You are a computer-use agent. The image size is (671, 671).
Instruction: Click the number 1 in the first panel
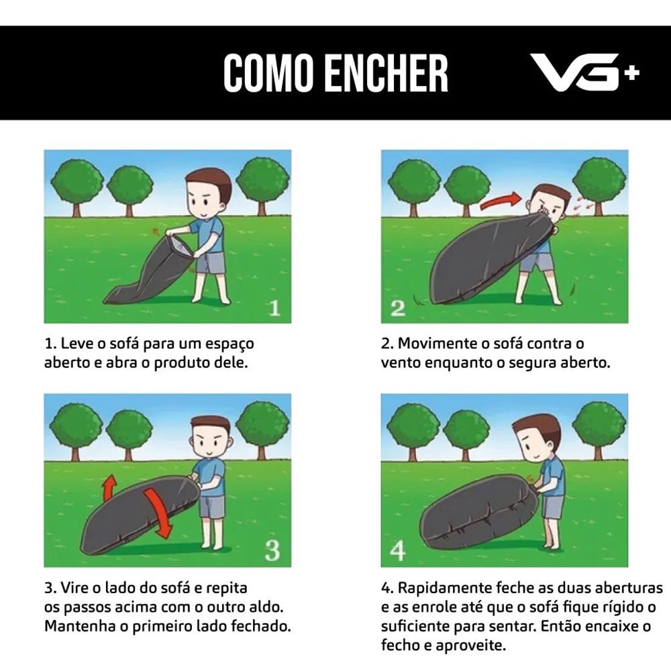(x=274, y=308)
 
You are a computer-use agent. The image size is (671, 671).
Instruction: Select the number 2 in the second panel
(x=398, y=308)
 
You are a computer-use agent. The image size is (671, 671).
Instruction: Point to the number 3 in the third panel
(x=272, y=550)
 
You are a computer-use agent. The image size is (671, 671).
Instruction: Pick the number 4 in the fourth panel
(x=398, y=551)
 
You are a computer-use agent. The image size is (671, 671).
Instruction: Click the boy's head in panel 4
(x=537, y=437)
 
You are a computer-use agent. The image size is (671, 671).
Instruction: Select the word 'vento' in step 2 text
(x=401, y=363)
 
